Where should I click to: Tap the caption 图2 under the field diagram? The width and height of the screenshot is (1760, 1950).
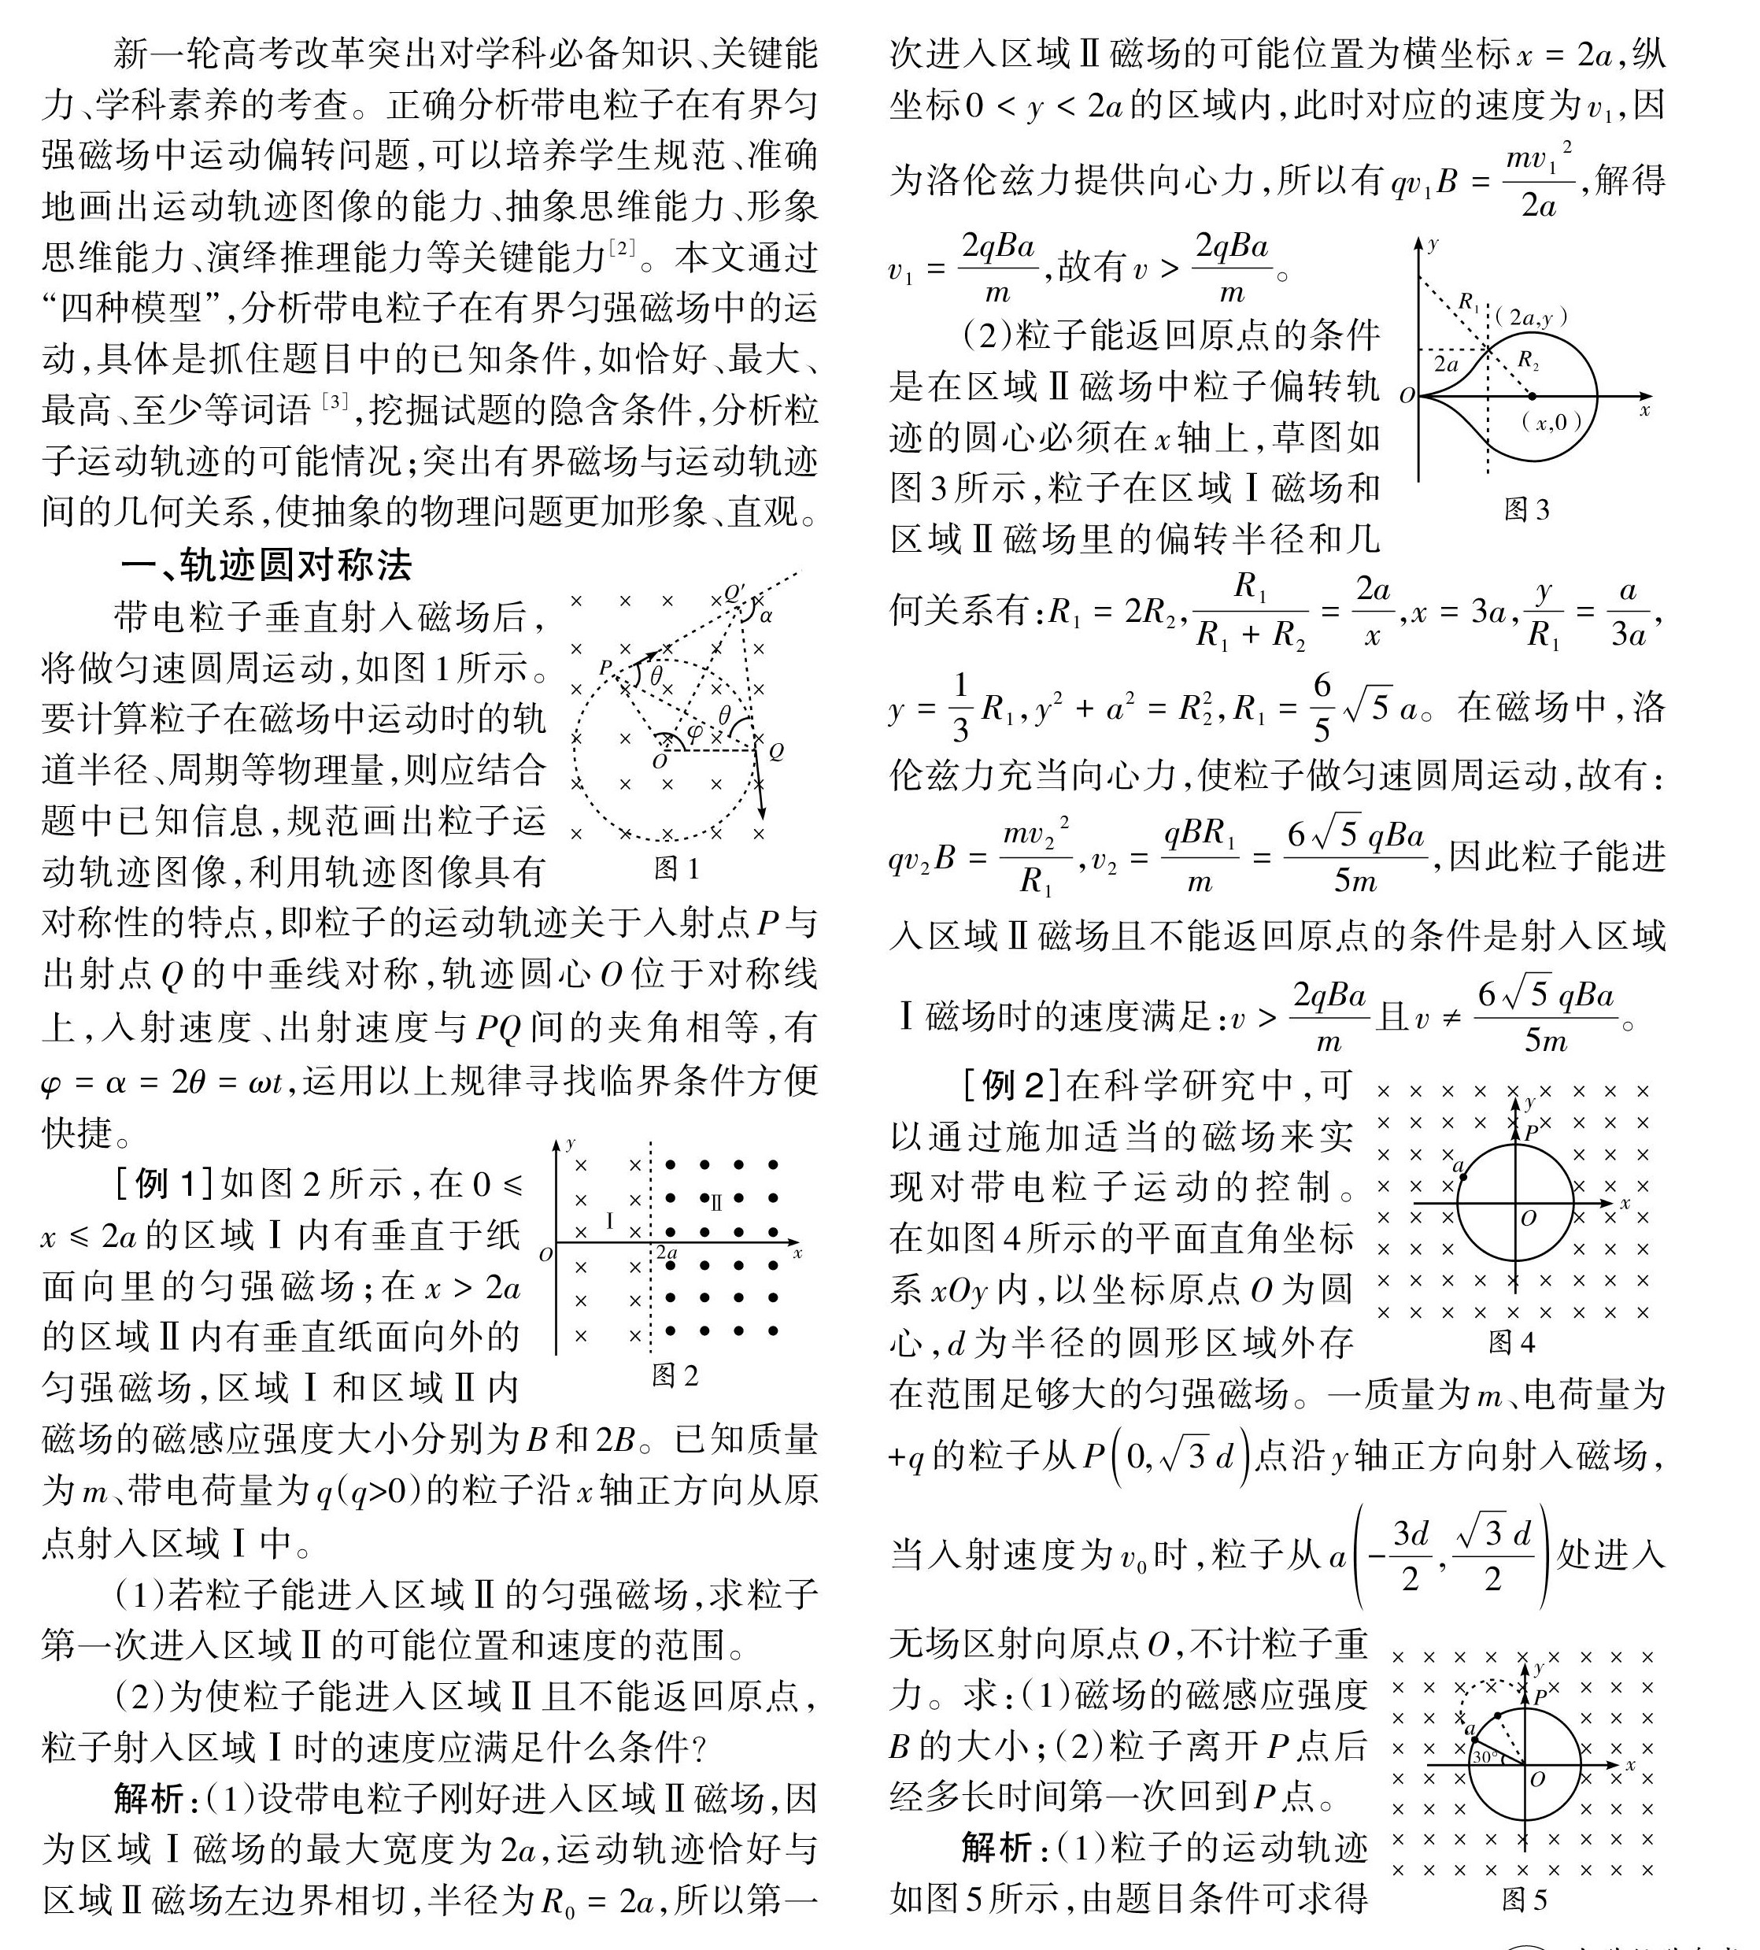point(675,1375)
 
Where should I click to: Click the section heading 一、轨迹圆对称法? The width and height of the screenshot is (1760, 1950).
point(266,565)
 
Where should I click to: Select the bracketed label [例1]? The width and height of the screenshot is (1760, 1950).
point(164,1182)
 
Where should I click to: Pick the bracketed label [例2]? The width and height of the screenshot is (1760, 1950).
point(1011,1086)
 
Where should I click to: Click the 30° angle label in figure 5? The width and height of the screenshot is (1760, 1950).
point(1485,1756)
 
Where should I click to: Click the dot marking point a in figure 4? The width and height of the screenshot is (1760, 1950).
point(1462,1176)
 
